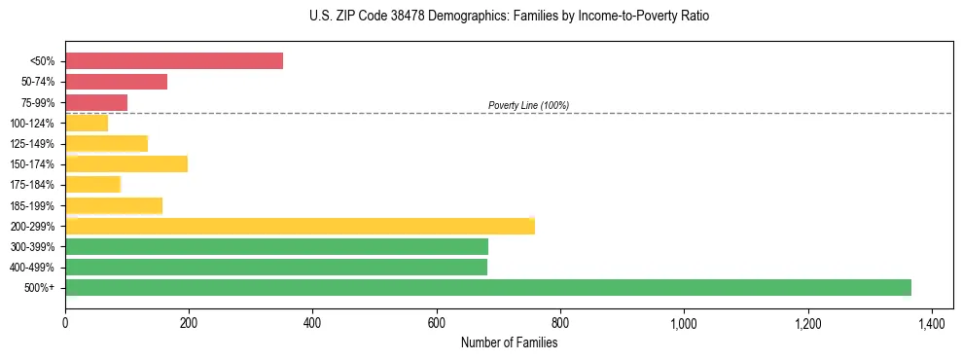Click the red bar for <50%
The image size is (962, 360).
click(174, 61)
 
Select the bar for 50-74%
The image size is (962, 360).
click(116, 82)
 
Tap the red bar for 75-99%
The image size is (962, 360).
click(96, 102)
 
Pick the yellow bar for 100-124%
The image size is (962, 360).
click(87, 123)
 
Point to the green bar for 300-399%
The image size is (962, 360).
click(276, 246)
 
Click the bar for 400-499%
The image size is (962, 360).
click(276, 267)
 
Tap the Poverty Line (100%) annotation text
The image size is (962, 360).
click(528, 105)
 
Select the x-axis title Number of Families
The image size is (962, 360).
click(509, 342)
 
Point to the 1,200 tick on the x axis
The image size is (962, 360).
click(807, 323)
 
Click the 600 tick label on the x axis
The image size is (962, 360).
click(437, 323)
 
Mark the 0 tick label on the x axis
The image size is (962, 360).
click(65, 323)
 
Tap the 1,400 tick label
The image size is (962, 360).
click(931, 323)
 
